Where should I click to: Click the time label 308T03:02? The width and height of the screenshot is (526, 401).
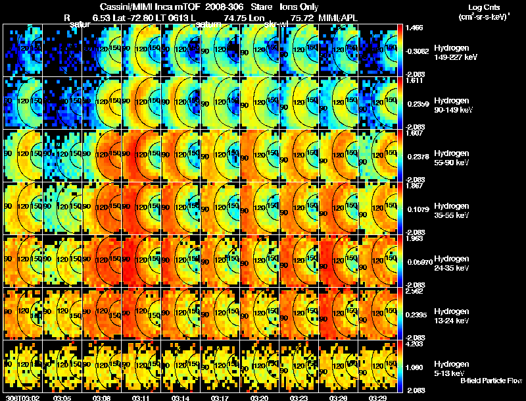[x=20, y=397]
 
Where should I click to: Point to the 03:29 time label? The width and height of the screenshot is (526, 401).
[x=379, y=397]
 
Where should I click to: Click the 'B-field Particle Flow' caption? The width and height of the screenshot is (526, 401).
[x=490, y=381]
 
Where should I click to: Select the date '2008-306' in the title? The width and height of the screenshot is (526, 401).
[x=224, y=7]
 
